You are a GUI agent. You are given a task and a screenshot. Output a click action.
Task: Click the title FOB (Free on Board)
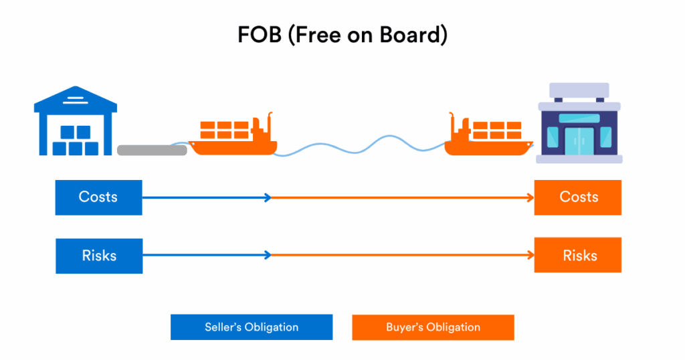[342, 35]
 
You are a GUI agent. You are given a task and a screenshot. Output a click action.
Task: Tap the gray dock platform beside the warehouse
[152, 150]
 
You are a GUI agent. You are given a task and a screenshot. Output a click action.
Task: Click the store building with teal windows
[579, 127]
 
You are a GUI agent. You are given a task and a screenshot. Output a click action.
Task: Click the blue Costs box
[98, 197]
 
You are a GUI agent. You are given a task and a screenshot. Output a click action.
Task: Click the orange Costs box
[578, 197]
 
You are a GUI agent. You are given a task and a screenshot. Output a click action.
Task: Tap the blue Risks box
[98, 255]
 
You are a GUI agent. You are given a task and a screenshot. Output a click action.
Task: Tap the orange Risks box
[578, 255]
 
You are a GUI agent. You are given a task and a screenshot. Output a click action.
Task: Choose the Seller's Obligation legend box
[252, 327]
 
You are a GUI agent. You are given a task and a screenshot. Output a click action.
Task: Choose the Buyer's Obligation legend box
[433, 327]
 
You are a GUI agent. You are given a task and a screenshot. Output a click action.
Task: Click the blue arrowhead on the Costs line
[268, 197]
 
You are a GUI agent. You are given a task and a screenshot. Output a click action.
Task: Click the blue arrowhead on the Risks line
[268, 255]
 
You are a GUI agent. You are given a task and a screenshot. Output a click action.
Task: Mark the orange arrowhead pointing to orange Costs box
[530, 197]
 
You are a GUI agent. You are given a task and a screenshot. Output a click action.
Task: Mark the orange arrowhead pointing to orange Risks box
[530, 255]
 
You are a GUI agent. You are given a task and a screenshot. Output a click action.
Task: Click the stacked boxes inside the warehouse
[75, 139]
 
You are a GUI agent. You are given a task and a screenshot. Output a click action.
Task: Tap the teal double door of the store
[579, 140]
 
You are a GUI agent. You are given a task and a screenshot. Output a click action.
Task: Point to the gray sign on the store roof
[579, 90]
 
